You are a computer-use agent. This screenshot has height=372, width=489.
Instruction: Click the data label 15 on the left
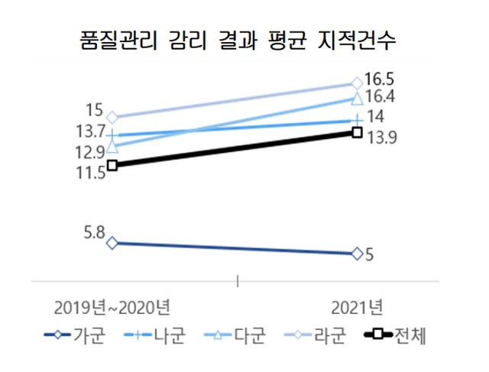(95, 110)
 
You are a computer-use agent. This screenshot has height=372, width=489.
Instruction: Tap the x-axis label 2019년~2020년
(112, 306)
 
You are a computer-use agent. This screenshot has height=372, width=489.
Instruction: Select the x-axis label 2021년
(357, 306)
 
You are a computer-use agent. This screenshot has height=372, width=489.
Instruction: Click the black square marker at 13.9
(357, 132)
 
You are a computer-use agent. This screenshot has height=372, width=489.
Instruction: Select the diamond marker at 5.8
(112, 243)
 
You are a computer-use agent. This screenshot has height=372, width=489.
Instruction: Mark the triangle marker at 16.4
(357, 99)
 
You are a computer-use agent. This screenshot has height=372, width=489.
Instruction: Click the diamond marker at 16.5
(357, 82)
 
